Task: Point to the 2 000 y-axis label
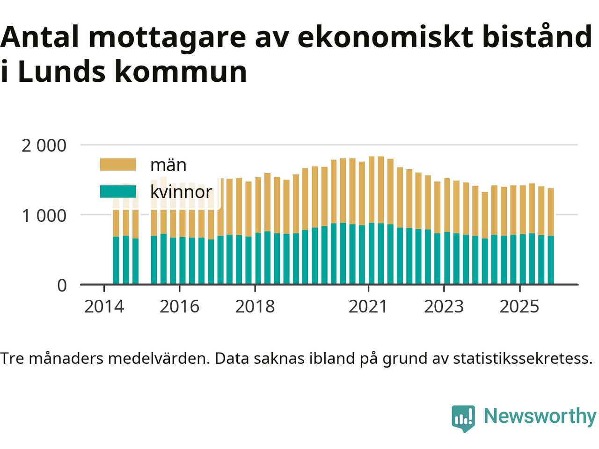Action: tap(44, 145)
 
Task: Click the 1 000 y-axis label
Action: tap(44, 216)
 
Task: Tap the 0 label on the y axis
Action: tap(62, 285)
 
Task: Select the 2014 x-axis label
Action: tap(104, 307)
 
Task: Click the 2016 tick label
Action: tap(179, 307)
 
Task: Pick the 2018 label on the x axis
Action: tap(255, 307)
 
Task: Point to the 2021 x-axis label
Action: tap(368, 307)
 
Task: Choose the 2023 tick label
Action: tap(444, 307)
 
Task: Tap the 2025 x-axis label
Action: tap(519, 307)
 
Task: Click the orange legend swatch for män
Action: tap(118, 165)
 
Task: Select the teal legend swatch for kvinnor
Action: tap(118, 192)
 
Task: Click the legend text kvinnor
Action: tap(181, 192)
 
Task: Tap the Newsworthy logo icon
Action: tap(463, 417)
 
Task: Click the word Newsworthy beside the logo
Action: tap(540, 416)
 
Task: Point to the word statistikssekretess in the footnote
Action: tap(523, 358)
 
